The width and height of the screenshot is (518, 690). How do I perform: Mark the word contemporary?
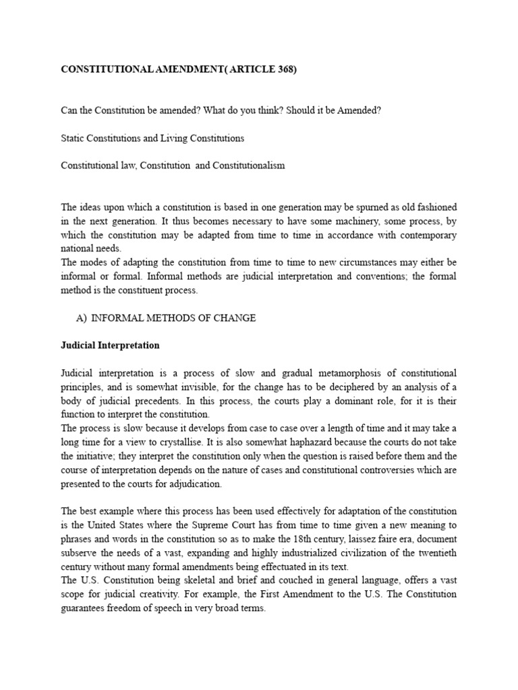(425, 234)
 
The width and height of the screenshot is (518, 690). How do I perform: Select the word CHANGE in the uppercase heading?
(232, 318)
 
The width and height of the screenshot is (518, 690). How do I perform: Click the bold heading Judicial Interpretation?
(110, 345)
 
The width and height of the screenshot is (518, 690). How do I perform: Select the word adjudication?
(191, 484)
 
